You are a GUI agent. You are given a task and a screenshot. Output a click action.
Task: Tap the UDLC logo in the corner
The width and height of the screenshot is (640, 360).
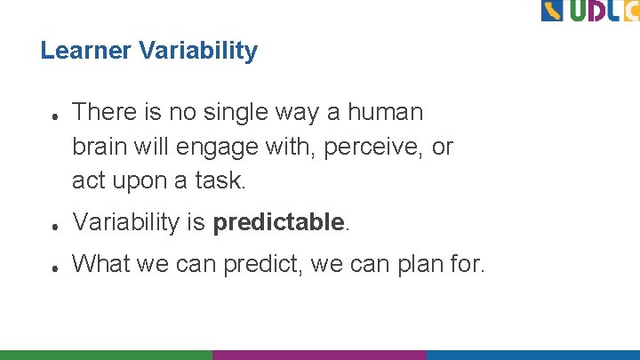click(x=589, y=11)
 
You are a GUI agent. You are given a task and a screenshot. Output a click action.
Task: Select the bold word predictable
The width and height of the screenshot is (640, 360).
click(x=278, y=222)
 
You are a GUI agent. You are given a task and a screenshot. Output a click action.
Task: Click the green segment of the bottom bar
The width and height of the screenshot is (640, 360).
click(x=106, y=355)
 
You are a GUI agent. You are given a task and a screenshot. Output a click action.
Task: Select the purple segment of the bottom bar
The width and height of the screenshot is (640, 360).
click(x=319, y=355)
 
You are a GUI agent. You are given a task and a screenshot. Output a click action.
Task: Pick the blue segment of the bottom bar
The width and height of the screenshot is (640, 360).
click(x=532, y=355)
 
